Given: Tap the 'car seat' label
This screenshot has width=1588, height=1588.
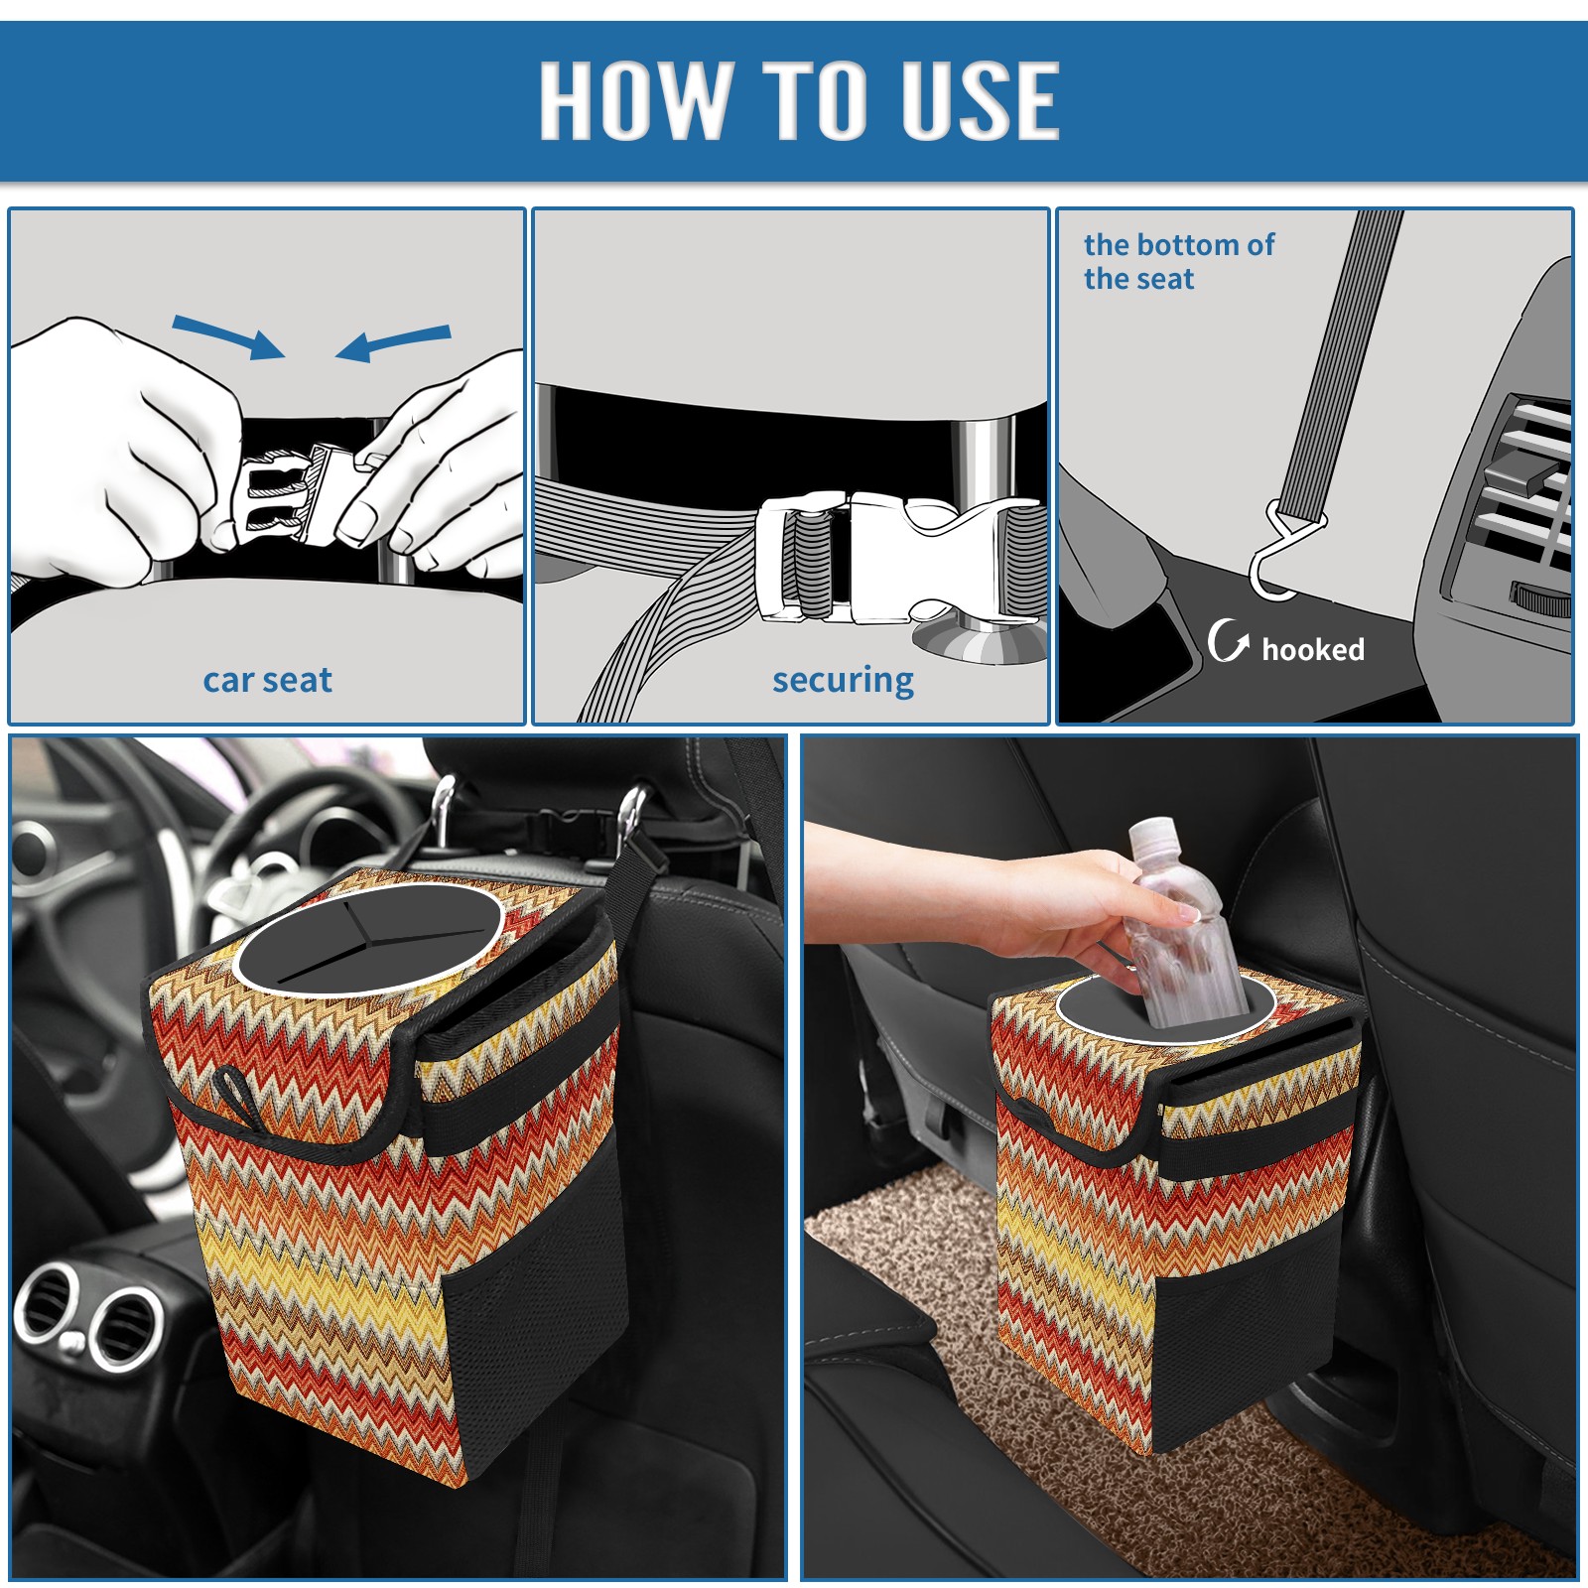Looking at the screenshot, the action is pos(267,681).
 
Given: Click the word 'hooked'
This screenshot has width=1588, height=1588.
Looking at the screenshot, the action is pos(1313,649).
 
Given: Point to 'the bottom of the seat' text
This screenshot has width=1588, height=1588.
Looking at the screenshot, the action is pos(1179,262).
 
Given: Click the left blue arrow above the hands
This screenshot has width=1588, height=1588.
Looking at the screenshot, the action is pos(229,336).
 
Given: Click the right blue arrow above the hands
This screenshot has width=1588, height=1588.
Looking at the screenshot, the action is pos(393,343).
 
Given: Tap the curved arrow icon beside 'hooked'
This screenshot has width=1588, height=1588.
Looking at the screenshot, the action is pos(1228,640).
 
